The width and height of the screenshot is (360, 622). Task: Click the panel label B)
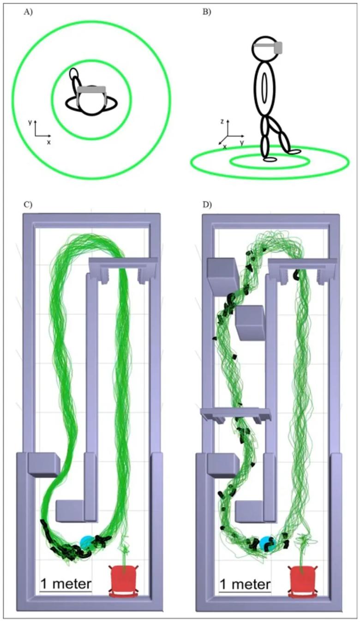tap(206, 12)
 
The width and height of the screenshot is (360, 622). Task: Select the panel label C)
tap(28, 205)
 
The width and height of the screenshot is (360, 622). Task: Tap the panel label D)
tap(207, 205)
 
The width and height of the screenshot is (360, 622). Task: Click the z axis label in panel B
tap(222, 121)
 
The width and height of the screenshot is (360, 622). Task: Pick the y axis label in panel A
tap(30, 122)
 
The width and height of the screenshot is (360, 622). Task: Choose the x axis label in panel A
tap(49, 142)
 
